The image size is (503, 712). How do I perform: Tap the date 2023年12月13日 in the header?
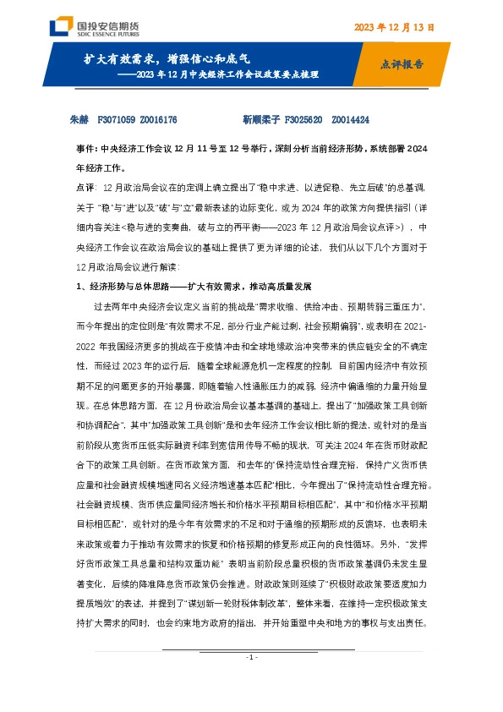(394, 28)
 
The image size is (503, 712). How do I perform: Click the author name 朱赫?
(77, 121)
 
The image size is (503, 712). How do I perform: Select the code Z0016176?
(158, 121)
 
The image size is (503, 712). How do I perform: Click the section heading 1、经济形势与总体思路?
(127, 287)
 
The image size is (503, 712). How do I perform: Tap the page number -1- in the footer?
(251, 682)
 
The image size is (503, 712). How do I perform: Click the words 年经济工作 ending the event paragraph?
(95, 167)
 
